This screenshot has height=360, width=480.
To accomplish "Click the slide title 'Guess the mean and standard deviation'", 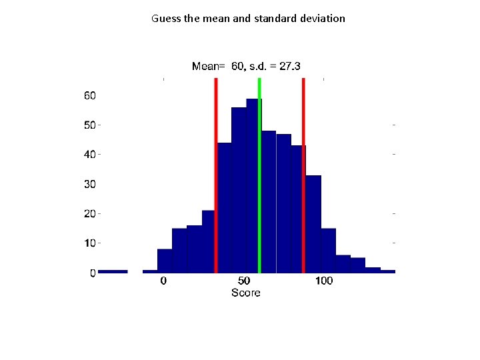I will (248, 19).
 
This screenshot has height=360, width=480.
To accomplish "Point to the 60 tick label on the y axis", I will (89, 96).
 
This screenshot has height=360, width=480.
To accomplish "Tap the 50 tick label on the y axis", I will (89, 125).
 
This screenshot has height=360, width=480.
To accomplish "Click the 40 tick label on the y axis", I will (89, 155).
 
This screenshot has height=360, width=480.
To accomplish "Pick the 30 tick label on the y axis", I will (89, 184).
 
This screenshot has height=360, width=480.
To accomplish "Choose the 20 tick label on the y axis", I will (89, 214).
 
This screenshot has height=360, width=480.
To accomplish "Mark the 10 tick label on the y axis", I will (89, 243).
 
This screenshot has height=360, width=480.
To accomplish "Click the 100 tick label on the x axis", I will (323, 281).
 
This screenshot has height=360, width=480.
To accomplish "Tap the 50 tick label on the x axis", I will (245, 281).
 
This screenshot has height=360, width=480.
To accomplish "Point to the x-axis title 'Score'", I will (245, 293).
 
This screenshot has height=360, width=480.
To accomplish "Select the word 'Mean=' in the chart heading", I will (208, 66).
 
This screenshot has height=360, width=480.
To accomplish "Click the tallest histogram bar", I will (253, 187).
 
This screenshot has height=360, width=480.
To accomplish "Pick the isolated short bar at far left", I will (113, 271).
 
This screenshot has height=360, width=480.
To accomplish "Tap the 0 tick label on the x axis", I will (163, 281).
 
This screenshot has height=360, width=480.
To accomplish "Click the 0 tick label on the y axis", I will (93, 273).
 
